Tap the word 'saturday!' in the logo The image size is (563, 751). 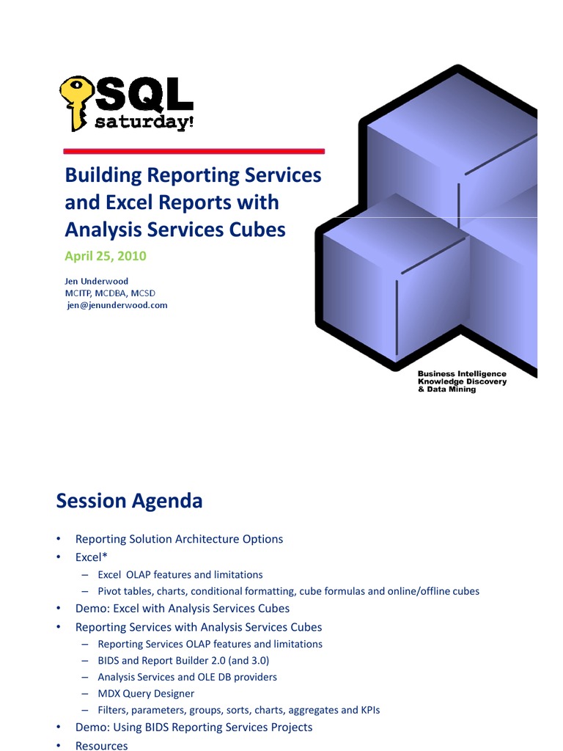(144, 122)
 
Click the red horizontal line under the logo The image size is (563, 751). (194, 151)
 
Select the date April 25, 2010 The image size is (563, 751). (106, 256)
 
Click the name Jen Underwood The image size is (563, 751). (97, 281)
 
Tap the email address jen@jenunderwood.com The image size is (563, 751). (117, 305)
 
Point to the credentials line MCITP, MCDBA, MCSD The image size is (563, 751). (110, 293)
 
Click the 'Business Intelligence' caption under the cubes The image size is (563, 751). (462, 374)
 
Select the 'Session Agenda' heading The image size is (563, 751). (129, 501)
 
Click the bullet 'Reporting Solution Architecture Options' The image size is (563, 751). (179, 539)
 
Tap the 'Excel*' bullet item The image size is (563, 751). (92, 557)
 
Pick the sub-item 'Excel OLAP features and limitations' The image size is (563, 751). (180, 575)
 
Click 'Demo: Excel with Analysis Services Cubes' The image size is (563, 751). (183, 608)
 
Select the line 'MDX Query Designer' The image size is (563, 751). (146, 693)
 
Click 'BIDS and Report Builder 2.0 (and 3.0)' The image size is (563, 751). (183, 660)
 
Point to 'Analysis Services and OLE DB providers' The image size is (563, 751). (187, 677)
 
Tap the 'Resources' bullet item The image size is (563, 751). (101, 745)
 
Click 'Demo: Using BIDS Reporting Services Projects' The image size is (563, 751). (194, 727)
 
